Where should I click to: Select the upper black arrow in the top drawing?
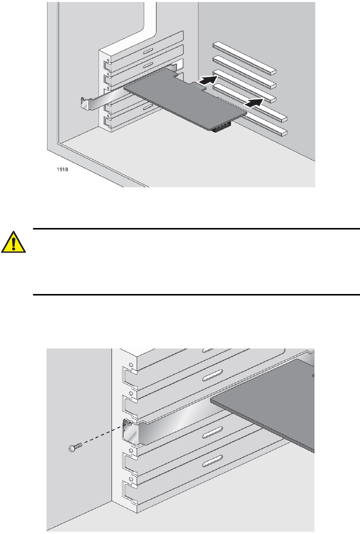tap(209, 78)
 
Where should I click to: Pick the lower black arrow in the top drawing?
tap(254, 102)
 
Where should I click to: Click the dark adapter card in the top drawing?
tap(185, 97)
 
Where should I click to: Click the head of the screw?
tap(71, 449)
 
